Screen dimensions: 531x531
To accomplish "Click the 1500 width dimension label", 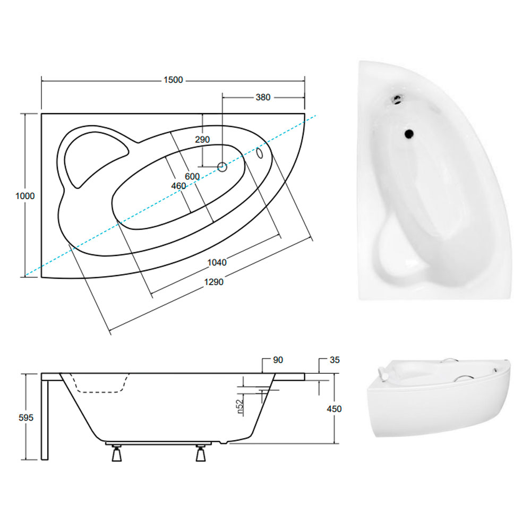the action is (x=173, y=80).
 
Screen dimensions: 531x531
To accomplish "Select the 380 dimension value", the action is (x=263, y=98).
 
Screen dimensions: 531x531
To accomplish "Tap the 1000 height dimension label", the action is (x=25, y=196).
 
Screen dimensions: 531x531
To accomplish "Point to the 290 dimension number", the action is (x=202, y=140).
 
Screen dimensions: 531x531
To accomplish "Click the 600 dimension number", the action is (x=192, y=176).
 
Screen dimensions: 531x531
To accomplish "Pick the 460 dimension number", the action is (x=178, y=186).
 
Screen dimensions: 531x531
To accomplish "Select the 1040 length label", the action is (x=217, y=262).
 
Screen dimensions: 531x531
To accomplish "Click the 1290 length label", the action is (x=213, y=282).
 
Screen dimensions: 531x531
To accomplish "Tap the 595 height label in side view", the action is (x=26, y=418).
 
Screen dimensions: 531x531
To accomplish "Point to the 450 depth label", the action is (x=334, y=409).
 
